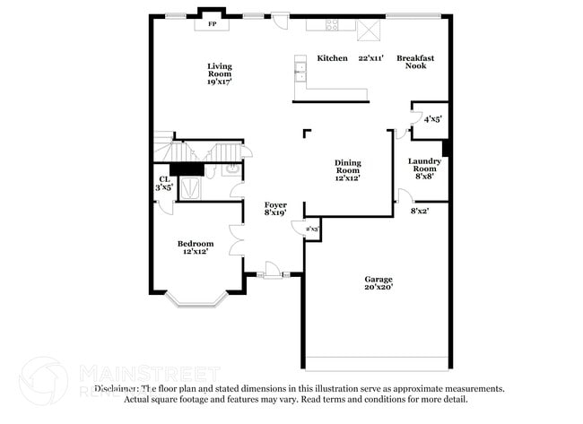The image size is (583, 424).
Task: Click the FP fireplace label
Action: pos(213,24)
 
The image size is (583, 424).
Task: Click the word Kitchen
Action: pos(332,58)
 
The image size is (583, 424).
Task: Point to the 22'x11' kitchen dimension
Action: pos(371,58)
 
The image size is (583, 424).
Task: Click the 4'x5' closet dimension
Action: pos(432,118)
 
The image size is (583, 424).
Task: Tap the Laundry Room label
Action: pos(424,165)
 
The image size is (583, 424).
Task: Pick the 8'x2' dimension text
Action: pos(420,211)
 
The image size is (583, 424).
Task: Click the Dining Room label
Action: pos(348,166)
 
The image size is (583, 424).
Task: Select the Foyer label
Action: pos(275,204)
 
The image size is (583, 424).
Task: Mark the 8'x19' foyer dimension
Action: pos(275,213)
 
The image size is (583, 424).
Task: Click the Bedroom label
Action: pos(195,244)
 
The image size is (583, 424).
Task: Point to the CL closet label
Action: pos(163,179)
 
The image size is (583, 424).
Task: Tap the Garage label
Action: pos(378,279)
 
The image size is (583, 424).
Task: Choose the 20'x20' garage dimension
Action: pos(378,288)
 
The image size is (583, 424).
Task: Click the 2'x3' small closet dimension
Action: pos(312,230)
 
